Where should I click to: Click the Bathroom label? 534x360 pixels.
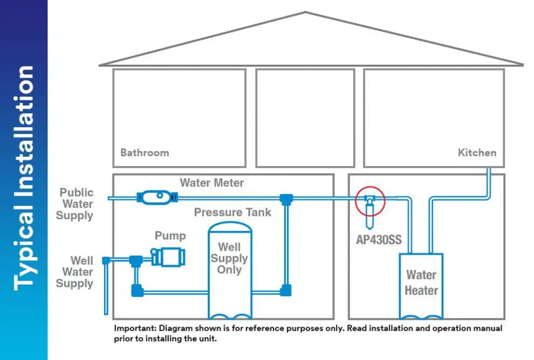click(144, 153)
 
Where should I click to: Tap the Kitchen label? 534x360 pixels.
click(477, 153)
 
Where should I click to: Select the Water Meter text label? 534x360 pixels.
click(212, 183)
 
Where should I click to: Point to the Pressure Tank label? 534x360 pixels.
click(232, 212)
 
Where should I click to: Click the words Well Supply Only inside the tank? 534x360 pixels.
click(229, 258)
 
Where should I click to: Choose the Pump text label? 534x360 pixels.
click(170, 236)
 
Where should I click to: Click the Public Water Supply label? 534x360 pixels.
click(77, 204)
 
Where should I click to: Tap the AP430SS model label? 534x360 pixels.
click(379, 240)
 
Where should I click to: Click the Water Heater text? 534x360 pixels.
click(421, 282)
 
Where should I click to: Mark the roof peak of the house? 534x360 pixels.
click(306, 13)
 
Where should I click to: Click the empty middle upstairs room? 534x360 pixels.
click(305, 117)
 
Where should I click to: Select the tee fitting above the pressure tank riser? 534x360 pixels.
click(285, 199)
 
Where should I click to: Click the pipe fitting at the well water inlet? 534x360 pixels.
click(106, 261)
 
